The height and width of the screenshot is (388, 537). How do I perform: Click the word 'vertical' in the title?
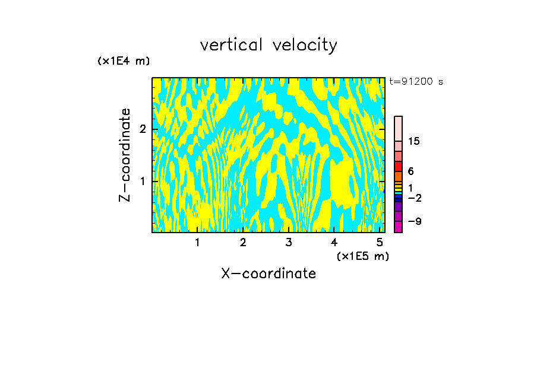coord(229,45)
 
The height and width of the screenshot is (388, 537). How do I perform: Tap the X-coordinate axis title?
coord(268,273)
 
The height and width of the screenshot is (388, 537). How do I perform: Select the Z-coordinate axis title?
coord(125,155)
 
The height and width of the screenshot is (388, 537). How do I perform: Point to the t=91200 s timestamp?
coord(416,82)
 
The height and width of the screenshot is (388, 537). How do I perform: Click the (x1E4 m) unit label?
coord(124,61)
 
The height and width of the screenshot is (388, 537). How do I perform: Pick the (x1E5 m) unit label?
coord(362,256)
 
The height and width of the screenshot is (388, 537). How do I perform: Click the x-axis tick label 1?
coord(197,242)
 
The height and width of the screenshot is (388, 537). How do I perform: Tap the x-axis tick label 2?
coord(243,242)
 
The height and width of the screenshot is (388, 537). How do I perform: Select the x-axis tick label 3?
coord(289,242)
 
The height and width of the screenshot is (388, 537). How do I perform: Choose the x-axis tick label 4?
coord(334,242)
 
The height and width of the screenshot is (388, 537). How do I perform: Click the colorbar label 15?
coord(414,141)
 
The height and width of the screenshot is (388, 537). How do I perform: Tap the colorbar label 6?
coord(410,171)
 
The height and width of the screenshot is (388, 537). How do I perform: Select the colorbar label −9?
coord(414,221)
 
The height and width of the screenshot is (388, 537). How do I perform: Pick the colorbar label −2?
coord(414,198)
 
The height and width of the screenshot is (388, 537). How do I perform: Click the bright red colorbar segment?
coord(399,166)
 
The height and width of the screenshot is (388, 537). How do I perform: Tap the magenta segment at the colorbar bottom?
coord(399,227)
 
